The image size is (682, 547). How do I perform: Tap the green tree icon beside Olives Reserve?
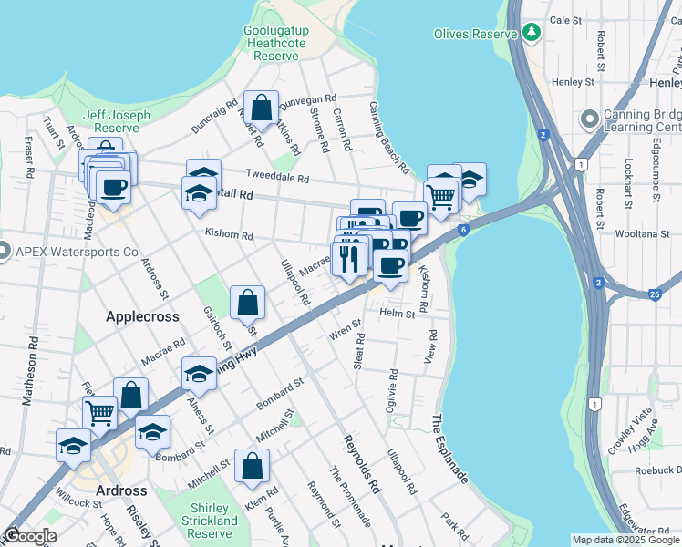click(532, 33)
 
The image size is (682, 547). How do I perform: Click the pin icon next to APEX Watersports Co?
click(3, 251)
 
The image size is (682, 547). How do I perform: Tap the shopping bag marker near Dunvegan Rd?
click(262, 108)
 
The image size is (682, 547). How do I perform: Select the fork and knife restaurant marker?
click(349, 259)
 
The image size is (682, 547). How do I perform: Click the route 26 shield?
click(655, 294)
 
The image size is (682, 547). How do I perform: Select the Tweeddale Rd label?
click(278, 176)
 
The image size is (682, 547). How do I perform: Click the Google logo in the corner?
click(30, 535)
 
